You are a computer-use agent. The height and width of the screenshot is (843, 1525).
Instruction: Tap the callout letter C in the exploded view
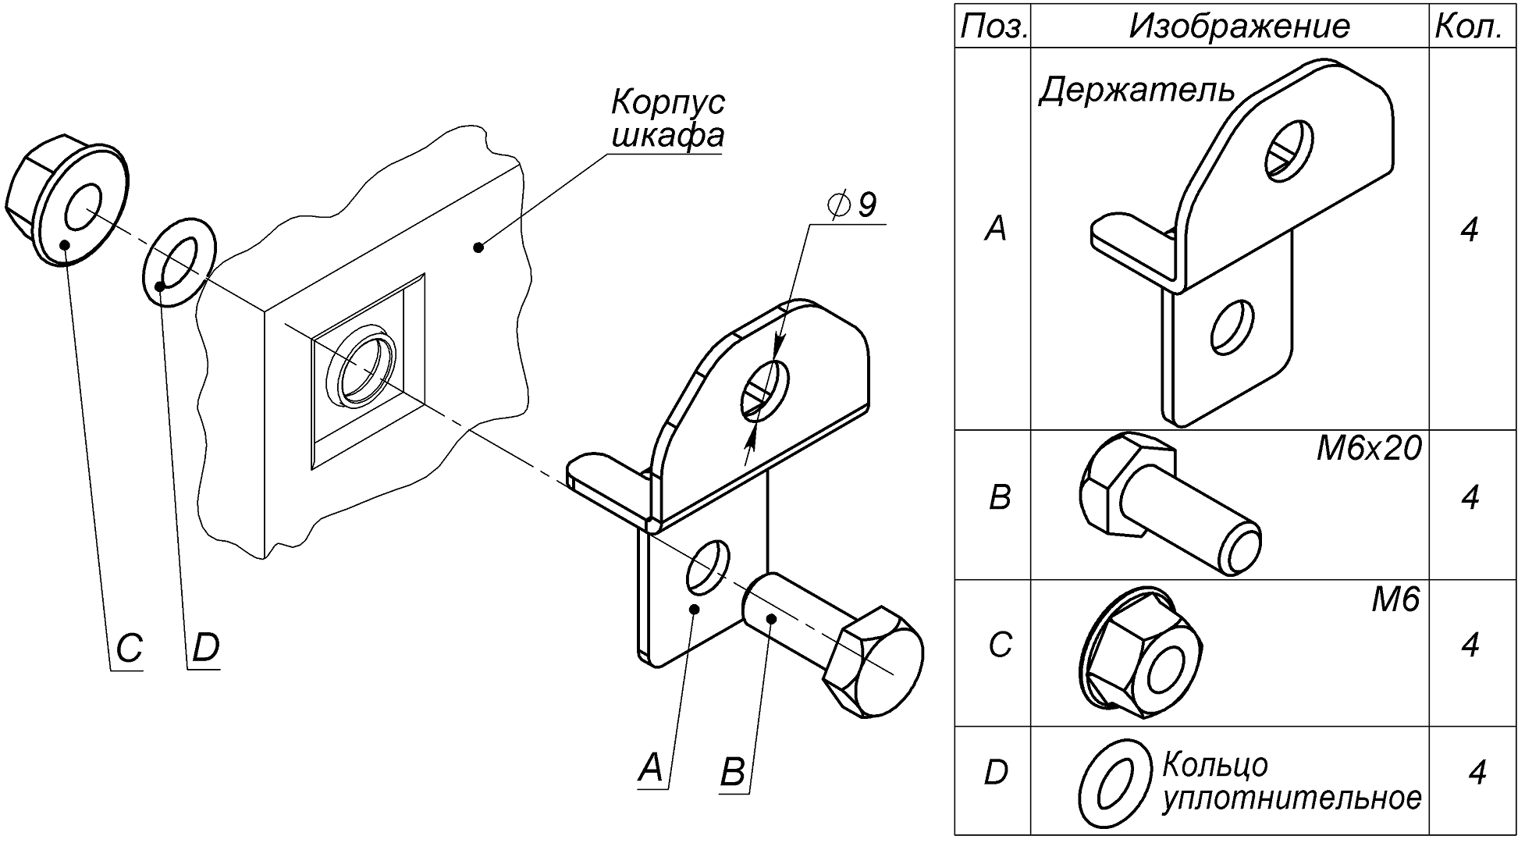130,649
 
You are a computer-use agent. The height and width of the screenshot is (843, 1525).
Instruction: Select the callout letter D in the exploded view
205,649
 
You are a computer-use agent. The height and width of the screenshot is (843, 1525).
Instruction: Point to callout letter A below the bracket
651,768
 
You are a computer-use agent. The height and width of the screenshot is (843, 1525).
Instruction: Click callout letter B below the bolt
733,772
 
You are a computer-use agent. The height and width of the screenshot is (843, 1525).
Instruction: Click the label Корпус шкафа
667,119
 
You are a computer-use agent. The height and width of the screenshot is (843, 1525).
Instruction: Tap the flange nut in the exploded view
66,202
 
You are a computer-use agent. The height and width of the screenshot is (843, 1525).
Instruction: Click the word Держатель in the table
1137,91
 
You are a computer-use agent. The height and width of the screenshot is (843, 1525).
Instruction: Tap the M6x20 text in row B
1368,450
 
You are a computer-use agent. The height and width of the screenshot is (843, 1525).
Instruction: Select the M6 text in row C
1395,599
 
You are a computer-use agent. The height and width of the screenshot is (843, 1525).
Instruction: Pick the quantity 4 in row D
1476,773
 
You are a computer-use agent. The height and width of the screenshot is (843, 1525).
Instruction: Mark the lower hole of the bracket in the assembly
708,566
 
